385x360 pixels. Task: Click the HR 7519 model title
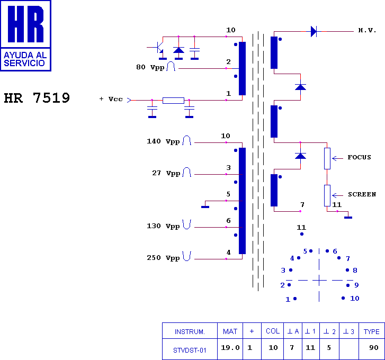(37, 98)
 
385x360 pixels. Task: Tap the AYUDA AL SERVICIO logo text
(25, 59)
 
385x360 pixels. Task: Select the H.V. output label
(367, 30)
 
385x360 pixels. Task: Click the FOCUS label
(359, 157)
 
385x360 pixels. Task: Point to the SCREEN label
(362, 194)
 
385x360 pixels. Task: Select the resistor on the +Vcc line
(173, 101)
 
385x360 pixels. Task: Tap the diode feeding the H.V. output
(314, 31)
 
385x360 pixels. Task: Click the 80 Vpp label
(150, 67)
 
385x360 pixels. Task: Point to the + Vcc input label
(111, 99)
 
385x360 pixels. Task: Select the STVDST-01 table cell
(190, 350)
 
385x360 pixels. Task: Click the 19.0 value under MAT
(230, 348)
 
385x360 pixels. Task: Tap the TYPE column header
(371, 332)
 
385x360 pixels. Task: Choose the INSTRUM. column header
(190, 332)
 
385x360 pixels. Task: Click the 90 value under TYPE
(374, 348)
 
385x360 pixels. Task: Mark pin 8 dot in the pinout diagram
(347, 270)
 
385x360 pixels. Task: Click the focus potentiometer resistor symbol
(327, 158)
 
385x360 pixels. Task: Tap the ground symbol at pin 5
(205, 207)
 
